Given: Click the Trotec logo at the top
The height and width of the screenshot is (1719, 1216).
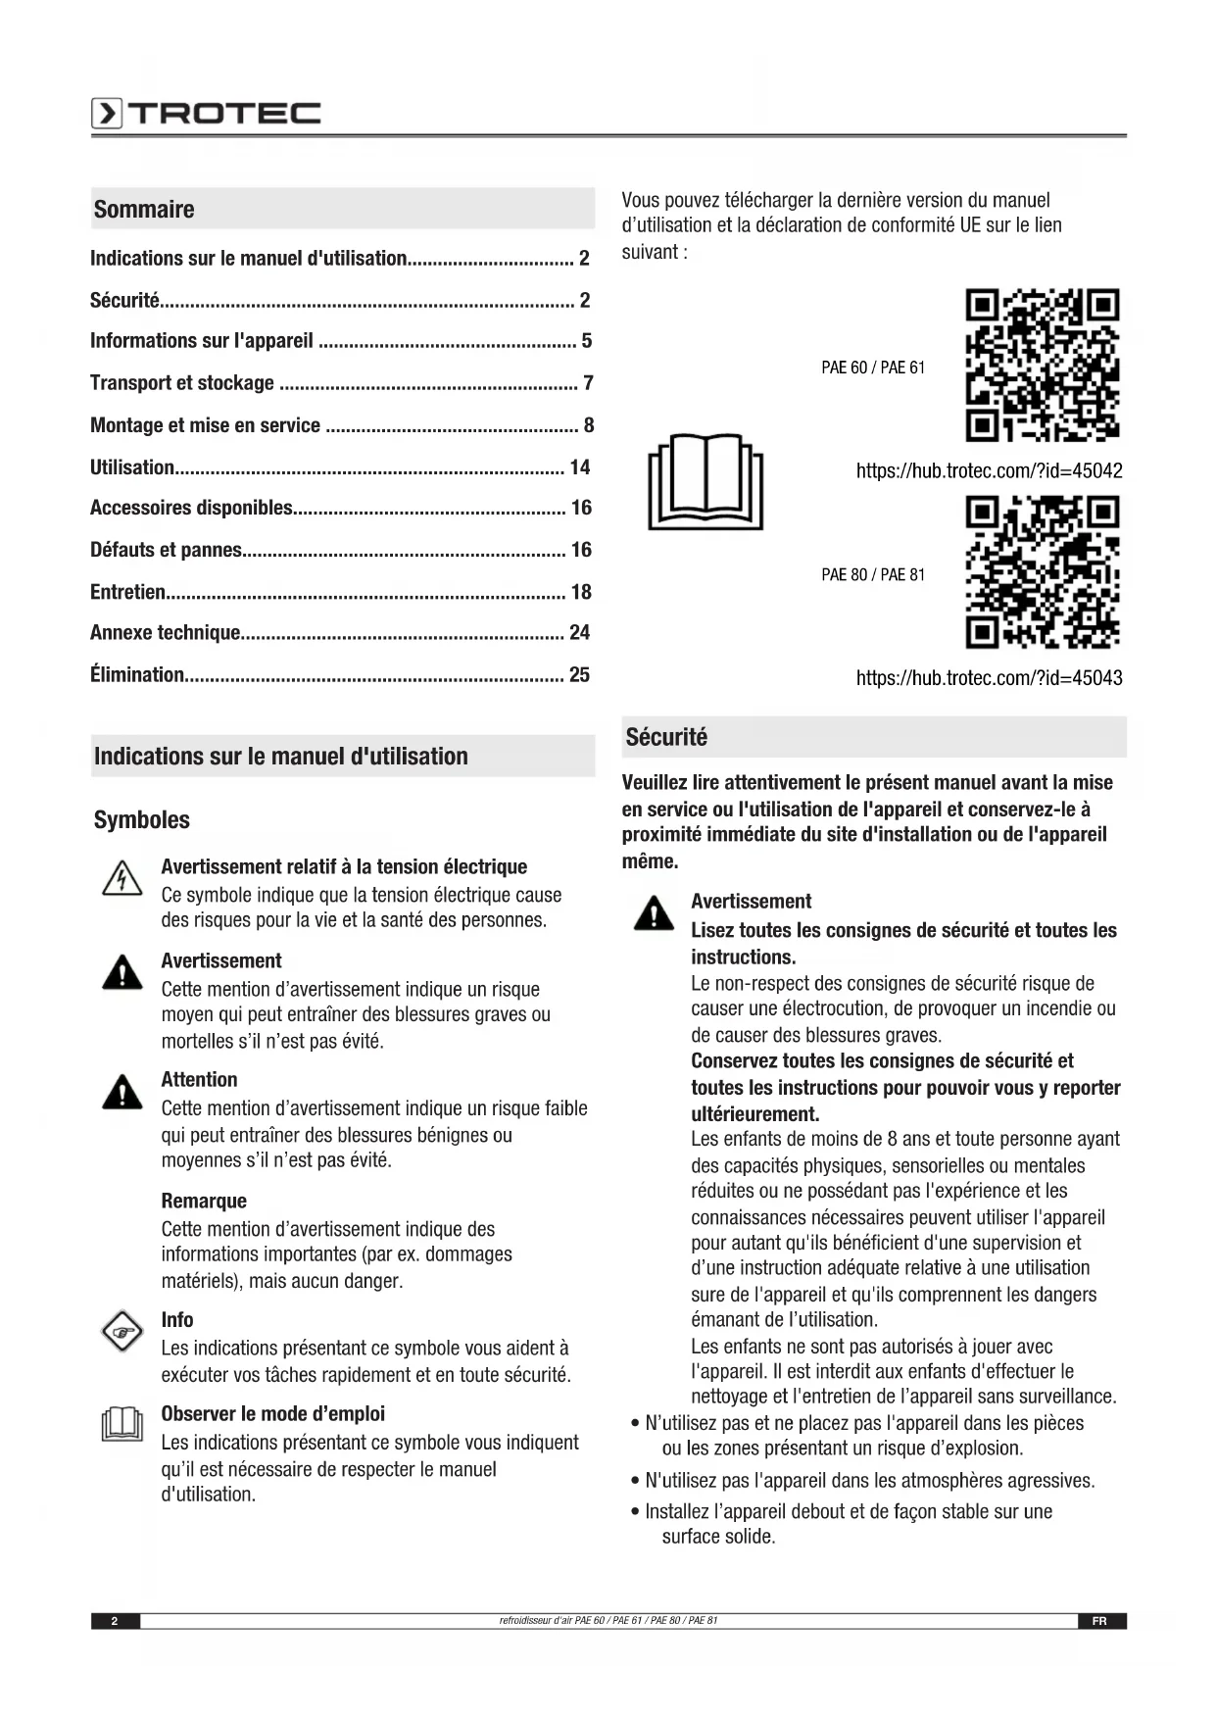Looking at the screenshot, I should click(x=206, y=114).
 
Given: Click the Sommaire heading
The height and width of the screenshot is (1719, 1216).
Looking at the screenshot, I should click(x=144, y=209).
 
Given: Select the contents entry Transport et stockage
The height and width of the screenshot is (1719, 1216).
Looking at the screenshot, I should click(x=182, y=383).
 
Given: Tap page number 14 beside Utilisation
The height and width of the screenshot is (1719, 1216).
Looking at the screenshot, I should click(x=580, y=467).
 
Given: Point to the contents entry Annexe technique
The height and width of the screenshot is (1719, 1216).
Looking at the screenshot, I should click(x=166, y=633).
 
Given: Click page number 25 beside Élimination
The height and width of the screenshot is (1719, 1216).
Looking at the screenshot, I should click(x=580, y=675).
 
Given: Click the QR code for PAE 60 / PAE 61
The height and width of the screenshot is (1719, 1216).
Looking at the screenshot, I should click(x=1042, y=365).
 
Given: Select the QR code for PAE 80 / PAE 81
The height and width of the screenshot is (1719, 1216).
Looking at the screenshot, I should click(x=1042, y=572).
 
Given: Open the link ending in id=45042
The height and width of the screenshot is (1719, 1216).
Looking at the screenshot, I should click(x=989, y=471).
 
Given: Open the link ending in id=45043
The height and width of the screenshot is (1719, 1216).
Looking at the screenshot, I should click(x=989, y=678).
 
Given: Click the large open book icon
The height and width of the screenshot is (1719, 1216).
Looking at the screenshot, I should click(x=705, y=481).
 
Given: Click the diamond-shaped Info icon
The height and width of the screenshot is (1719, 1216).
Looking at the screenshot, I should click(x=122, y=1333).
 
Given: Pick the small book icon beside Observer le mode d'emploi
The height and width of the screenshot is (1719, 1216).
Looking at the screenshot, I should click(x=122, y=1424).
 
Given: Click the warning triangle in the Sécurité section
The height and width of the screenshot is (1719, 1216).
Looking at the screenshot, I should click(x=654, y=913).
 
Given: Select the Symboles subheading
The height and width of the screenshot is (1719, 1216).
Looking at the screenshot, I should click(x=142, y=820).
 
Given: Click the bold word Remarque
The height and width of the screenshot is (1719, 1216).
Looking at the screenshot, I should click(x=204, y=1202).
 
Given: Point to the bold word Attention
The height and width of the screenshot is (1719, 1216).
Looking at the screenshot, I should click(x=199, y=1080).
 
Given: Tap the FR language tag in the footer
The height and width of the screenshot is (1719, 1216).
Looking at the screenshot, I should click(x=1099, y=1621).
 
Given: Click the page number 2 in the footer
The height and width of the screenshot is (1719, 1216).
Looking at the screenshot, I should click(x=115, y=1621).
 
